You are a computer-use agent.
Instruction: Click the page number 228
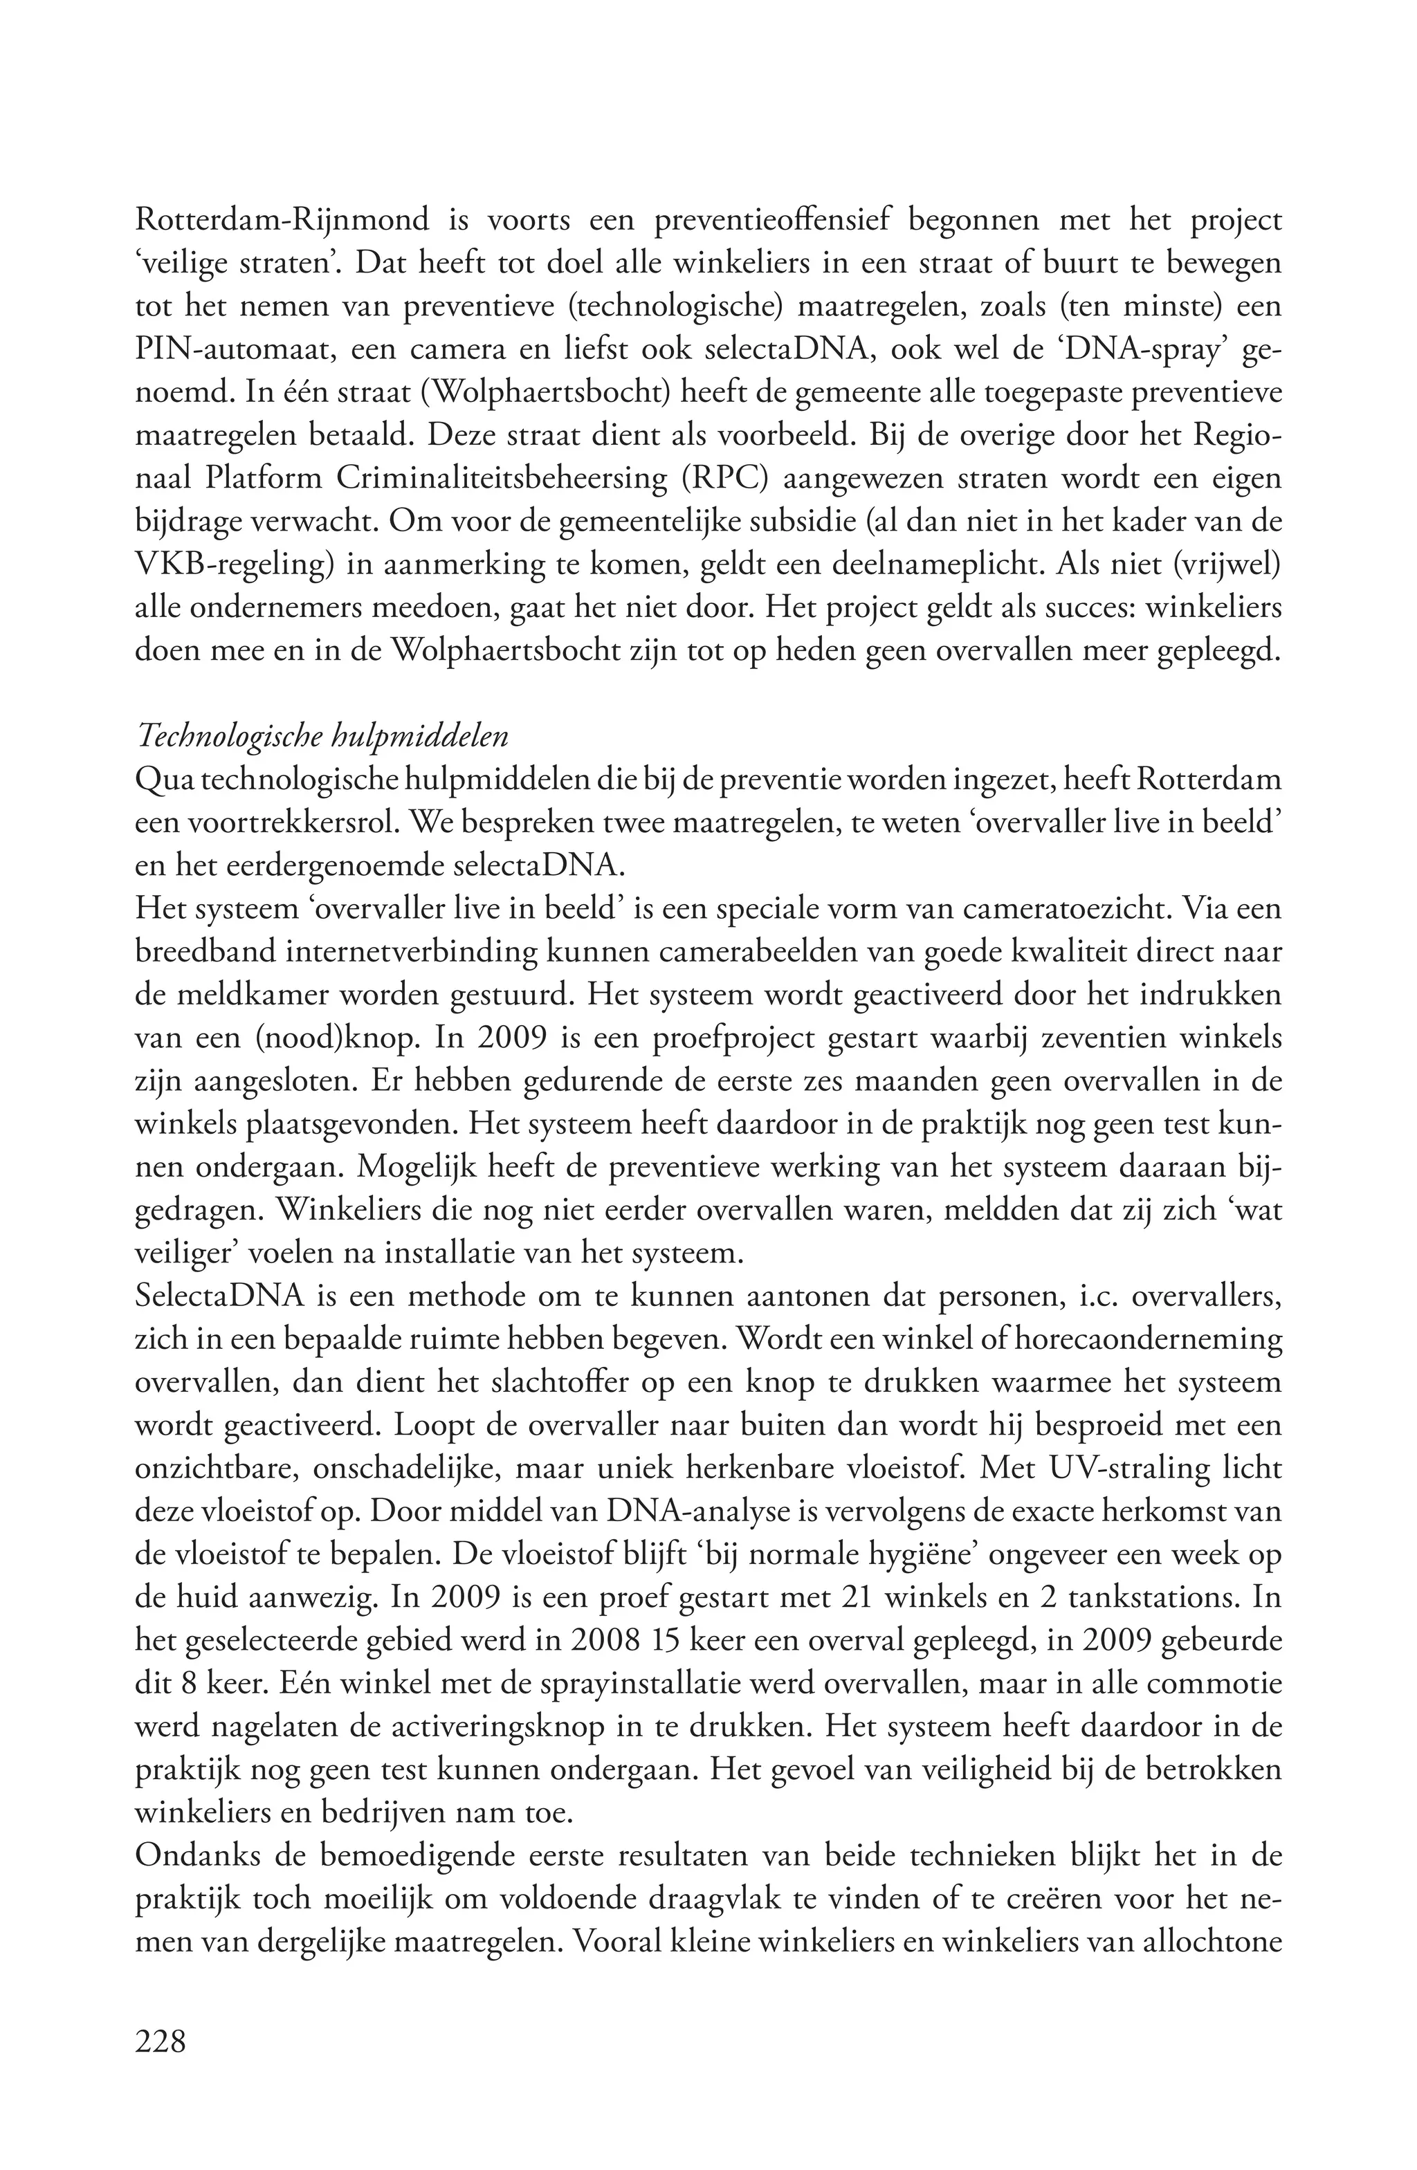160,2041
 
